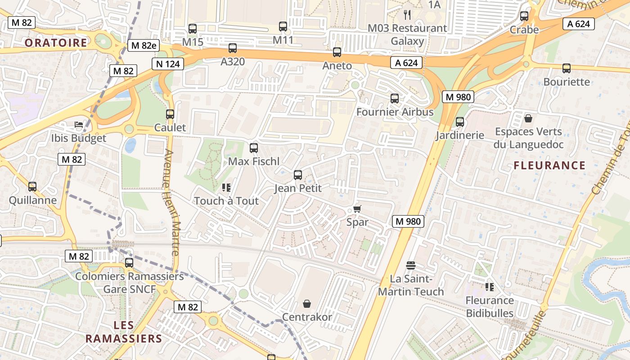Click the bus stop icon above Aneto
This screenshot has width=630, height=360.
(x=337, y=52)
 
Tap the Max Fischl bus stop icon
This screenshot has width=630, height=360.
(x=254, y=148)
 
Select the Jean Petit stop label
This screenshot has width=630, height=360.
(x=298, y=188)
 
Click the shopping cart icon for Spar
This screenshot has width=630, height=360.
(x=357, y=209)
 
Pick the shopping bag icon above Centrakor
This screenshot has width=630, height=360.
(x=307, y=304)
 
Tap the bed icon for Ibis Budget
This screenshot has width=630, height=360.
(x=79, y=125)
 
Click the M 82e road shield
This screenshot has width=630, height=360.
(x=144, y=45)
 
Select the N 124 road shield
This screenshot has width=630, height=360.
(x=168, y=64)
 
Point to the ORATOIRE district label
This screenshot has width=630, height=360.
(x=56, y=43)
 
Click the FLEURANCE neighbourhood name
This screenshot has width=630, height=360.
(x=549, y=165)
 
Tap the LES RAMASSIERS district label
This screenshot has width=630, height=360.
(x=124, y=332)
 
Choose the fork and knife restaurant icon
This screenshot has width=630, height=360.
(x=407, y=15)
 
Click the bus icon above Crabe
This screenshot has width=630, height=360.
(x=524, y=16)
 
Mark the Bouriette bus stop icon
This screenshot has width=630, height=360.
(x=567, y=68)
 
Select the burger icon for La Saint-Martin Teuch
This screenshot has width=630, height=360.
(x=410, y=265)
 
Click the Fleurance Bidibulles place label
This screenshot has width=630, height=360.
(x=490, y=306)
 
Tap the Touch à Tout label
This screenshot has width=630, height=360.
(x=226, y=201)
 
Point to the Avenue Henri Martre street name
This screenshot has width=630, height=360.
(x=171, y=202)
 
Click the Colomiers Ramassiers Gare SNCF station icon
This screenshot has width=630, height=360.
(x=129, y=262)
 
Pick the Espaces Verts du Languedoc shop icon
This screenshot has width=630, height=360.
(x=528, y=118)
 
